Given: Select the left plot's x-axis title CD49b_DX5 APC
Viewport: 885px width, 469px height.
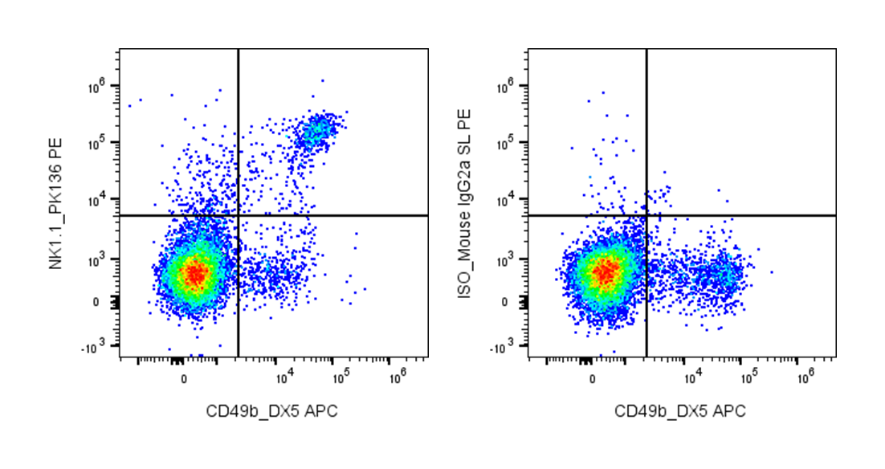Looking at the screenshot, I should click(272, 411).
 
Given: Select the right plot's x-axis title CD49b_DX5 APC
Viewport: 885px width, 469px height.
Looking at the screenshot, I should click(680, 411).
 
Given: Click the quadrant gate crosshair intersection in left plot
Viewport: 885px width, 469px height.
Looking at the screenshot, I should click(239, 215).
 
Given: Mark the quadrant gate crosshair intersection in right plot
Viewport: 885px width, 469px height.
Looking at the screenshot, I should click(646, 215).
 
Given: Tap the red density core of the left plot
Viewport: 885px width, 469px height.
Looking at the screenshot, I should click(194, 273).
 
